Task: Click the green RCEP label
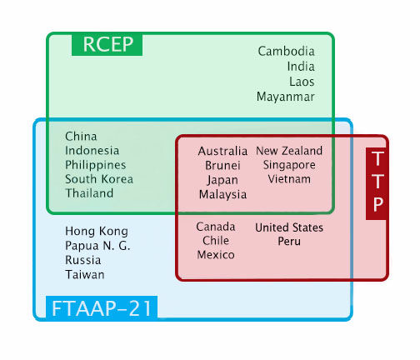click(x=107, y=44)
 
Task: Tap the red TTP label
click(x=376, y=183)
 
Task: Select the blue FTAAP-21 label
click(x=102, y=307)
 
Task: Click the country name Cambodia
click(x=286, y=52)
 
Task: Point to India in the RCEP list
click(x=301, y=67)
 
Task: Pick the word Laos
click(x=302, y=82)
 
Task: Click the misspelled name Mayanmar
click(x=286, y=97)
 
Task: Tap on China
click(x=81, y=137)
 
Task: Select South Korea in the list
click(x=99, y=179)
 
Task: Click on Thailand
click(x=89, y=193)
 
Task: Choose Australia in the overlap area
click(x=222, y=152)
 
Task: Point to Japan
click(x=222, y=180)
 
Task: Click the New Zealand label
click(x=289, y=151)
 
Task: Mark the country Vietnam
click(x=289, y=179)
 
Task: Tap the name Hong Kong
click(x=97, y=232)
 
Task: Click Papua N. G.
click(x=97, y=246)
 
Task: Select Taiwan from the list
click(x=85, y=275)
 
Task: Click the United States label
click(x=289, y=227)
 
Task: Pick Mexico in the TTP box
click(x=216, y=255)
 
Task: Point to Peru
click(x=289, y=241)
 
